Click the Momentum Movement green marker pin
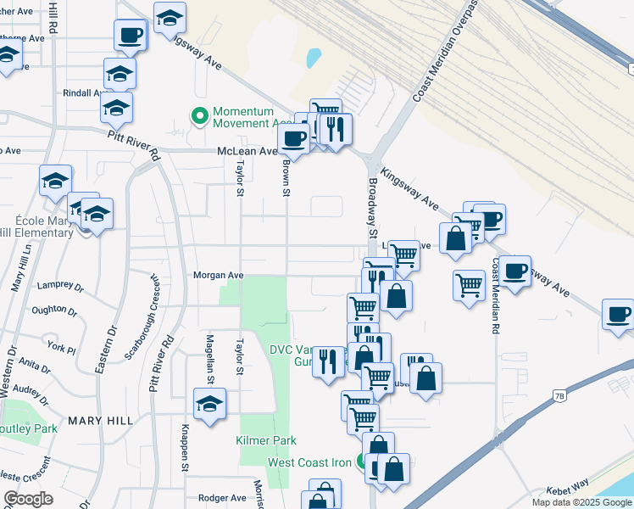pyautogui.click(x=201, y=115)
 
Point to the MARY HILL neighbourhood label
pyautogui.click(x=97, y=421)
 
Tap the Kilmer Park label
pyautogui.click(x=266, y=441)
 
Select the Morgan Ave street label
pyautogui.click(x=218, y=276)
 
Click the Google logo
pyautogui.click(x=28, y=499)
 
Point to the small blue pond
pyautogui.click(x=314, y=58)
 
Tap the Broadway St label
pyautogui.click(x=371, y=208)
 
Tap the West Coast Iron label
pyautogui.click(x=309, y=462)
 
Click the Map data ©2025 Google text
pyautogui.click(x=581, y=502)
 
